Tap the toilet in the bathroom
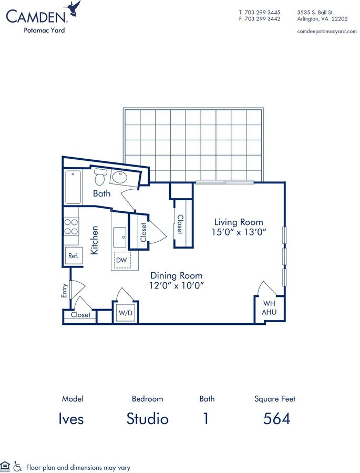coord(100,177)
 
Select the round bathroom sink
coord(120,177)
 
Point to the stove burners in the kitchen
coord(71,227)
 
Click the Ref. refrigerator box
coord(74,256)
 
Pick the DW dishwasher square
coord(122,260)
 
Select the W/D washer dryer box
coord(125,313)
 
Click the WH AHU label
coord(269,307)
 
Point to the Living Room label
coord(239,222)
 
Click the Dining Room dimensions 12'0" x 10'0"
coord(177,285)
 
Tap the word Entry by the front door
coord(64,291)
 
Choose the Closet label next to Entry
coord(80,315)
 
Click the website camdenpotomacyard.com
coord(327,32)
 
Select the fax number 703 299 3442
coord(262,19)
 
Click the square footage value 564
coord(276,419)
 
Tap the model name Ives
coord(71,419)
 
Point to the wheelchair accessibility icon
coord(18,466)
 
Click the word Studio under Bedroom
coord(147,419)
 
